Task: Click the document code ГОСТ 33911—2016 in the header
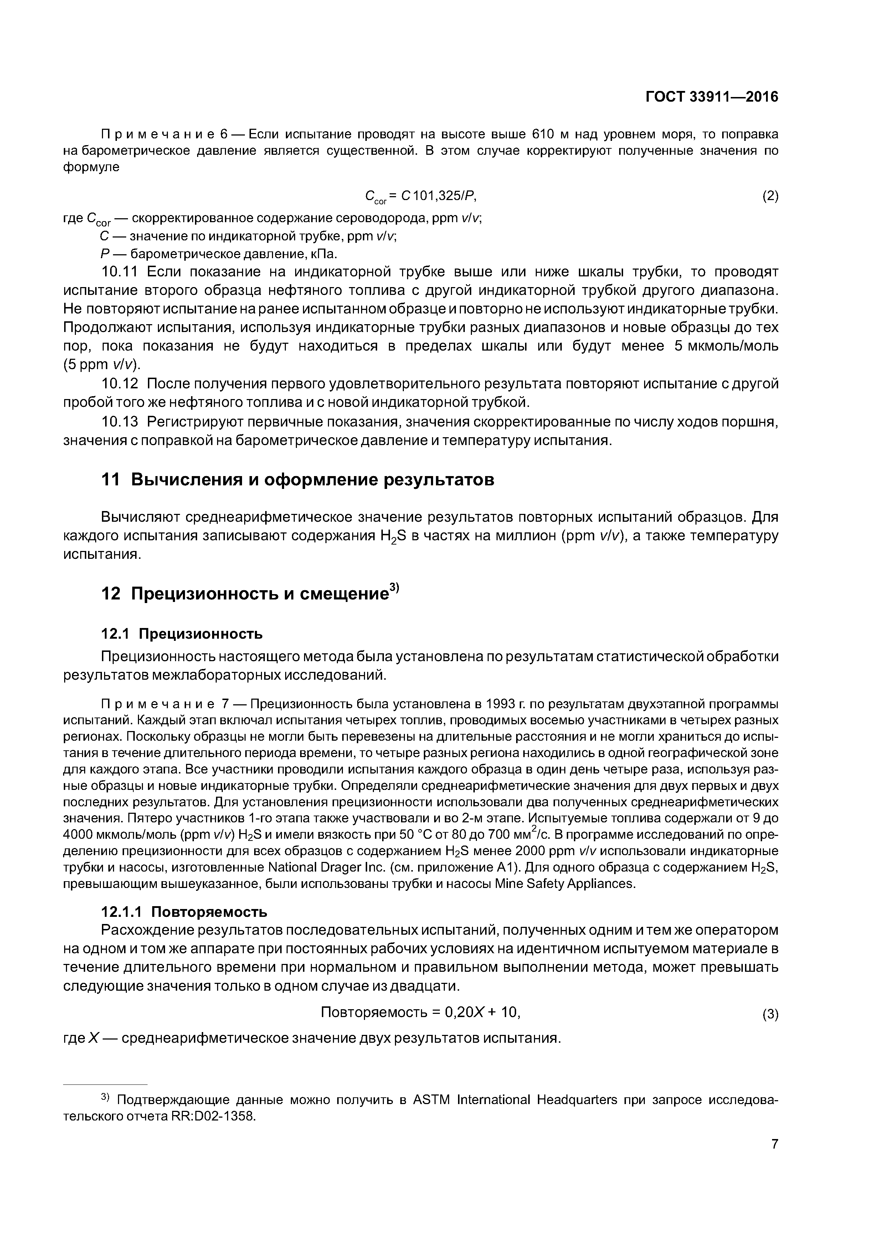click(x=711, y=97)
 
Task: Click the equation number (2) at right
click(x=770, y=196)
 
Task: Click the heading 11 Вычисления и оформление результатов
click(x=298, y=480)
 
